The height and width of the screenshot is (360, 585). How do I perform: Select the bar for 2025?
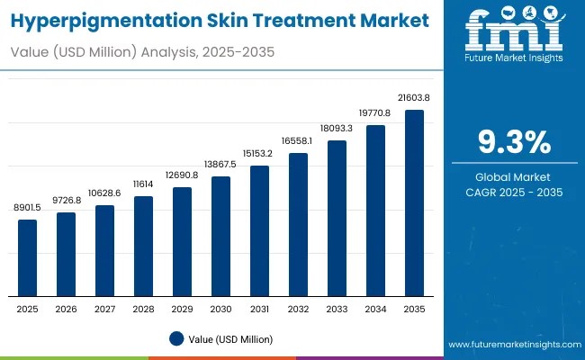click(x=28, y=258)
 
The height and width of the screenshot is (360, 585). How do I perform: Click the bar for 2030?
click(x=220, y=237)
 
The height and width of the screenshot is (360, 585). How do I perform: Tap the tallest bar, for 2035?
click(x=414, y=203)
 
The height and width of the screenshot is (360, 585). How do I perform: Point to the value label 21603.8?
click(x=414, y=97)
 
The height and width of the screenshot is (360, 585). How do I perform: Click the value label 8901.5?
click(x=28, y=207)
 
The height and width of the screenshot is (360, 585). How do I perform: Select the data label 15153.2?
click(x=259, y=152)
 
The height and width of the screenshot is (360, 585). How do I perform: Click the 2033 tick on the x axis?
click(x=337, y=309)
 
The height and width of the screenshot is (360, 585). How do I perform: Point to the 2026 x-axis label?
click(x=67, y=309)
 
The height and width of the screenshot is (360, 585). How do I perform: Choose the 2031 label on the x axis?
click(x=259, y=309)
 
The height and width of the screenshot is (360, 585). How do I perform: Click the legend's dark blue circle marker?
click(x=175, y=339)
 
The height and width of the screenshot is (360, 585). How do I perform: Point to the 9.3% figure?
click(x=512, y=142)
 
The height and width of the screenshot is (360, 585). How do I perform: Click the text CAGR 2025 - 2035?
click(x=512, y=192)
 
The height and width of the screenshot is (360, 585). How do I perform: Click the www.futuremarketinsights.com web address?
click(x=511, y=345)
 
